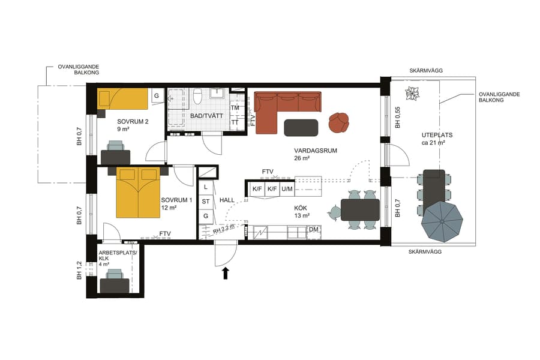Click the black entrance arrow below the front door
click(226, 274)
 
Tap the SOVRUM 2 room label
click(133, 121)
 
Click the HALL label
click(227, 200)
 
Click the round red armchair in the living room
click(339, 122)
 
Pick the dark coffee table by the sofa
click(301, 127)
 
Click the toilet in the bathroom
click(197, 97)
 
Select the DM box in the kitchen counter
click(313, 230)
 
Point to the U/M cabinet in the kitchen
click(287, 190)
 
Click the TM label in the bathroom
click(235, 108)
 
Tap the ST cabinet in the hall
click(206, 201)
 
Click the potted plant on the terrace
click(413, 93)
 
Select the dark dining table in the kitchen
click(360, 210)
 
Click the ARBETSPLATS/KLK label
click(118, 256)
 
